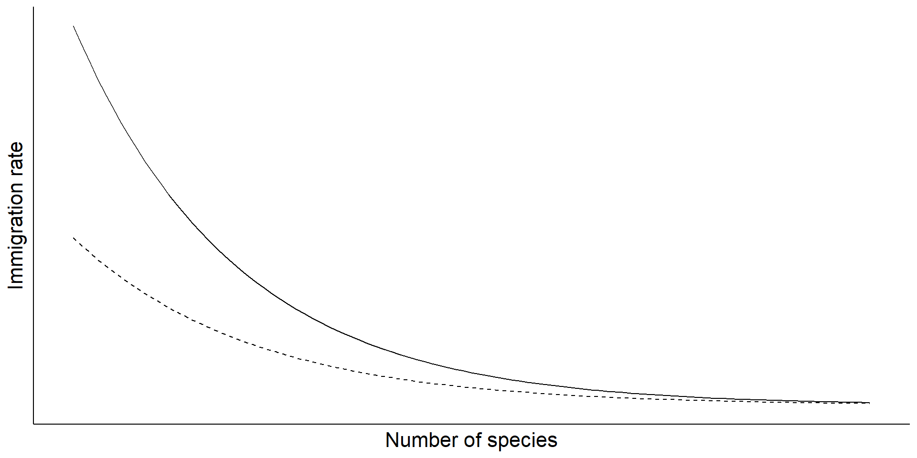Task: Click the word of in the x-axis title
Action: click(x=473, y=440)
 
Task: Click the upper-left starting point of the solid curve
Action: click(x=74, y=26)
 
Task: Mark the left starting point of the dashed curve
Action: click(x=74, y=238)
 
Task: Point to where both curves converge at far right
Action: click(x=869, y=403)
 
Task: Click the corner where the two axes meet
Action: click(x=33, y=423)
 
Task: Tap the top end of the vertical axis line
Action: click(x=33, y=8)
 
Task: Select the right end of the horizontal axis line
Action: click(x=909, y=423)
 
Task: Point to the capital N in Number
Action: click(x=391, y=440)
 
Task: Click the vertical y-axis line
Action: click(x=33, y=215)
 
